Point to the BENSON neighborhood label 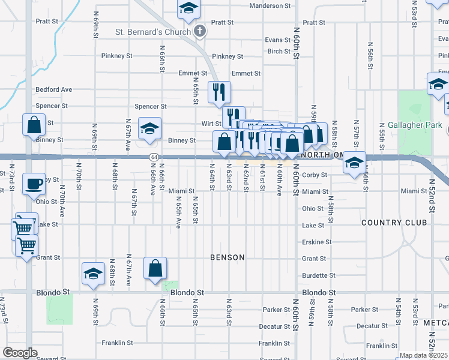(x=228, y=257)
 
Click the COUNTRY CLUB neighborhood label (x=394, y=223)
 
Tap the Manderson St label (x=270, y=5)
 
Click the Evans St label (x=278, y=40)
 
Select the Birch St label (x=279, y=52)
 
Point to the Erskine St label (x=316, y=242)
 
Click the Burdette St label (x=315, y=275)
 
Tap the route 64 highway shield (x=154, y=157)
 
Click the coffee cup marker (x=34, y=183)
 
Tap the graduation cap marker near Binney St (x=150, y=128)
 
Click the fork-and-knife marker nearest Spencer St (x=219, y=91)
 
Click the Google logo (x=20, y=353)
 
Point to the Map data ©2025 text (x=424, y=355)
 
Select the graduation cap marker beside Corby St (x=355, y=163)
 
